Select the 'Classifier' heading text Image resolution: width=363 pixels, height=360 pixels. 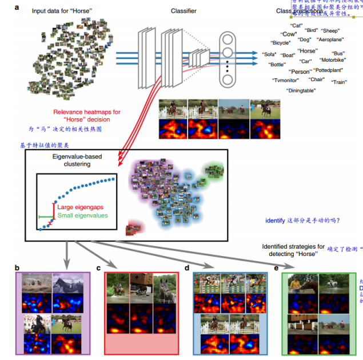185,11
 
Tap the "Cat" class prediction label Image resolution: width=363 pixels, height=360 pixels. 296,26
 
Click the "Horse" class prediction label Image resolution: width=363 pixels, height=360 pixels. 308,51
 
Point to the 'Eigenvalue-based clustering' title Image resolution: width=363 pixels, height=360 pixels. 80,160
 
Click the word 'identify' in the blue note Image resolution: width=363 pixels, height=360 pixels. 275,221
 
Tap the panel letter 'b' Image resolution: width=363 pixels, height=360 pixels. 17,266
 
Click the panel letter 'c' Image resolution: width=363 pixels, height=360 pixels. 98,267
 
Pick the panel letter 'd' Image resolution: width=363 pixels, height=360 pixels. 188,267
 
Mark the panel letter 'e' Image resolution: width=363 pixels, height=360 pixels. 277,267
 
